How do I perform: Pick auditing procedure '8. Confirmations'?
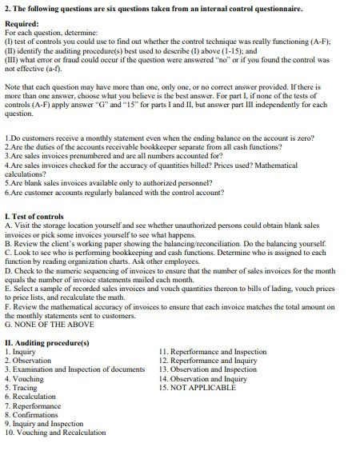[x=33, y=413]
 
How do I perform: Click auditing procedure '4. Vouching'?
[x=26, y=378]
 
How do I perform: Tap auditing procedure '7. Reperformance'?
[x=34, y=405]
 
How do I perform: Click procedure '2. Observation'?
[x=30, y=360]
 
